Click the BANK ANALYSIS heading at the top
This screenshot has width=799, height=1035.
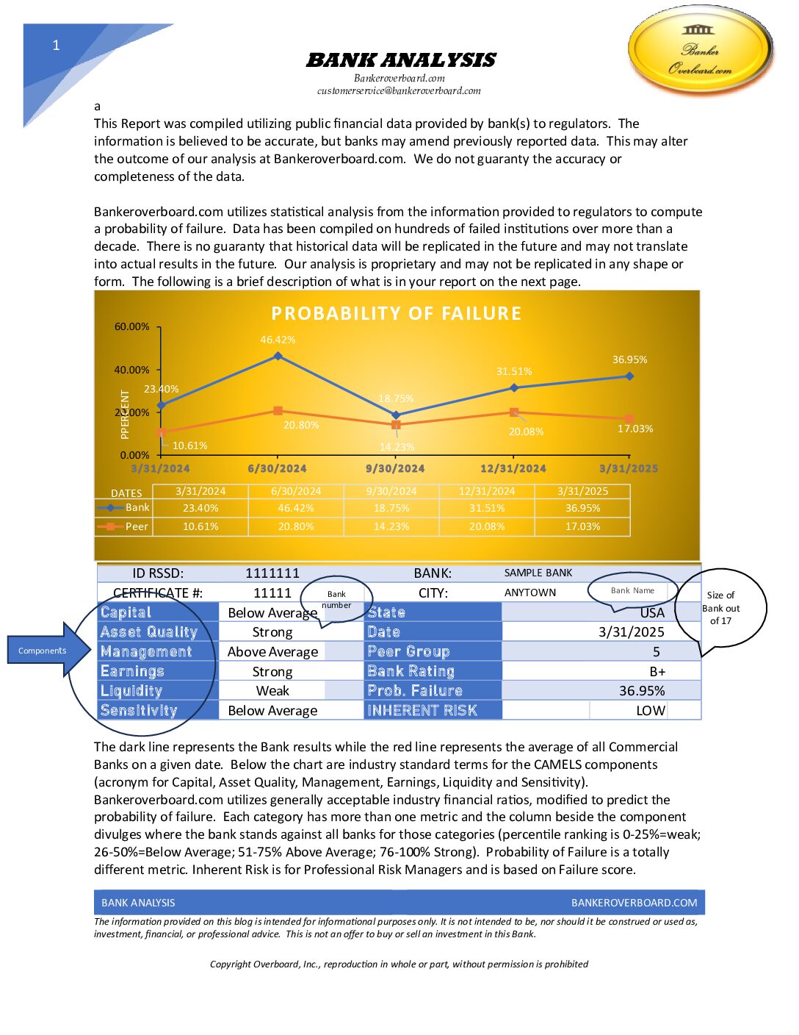[400, 60]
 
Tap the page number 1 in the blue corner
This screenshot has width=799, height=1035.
[56, 46]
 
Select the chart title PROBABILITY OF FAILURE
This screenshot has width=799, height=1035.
[396, 314]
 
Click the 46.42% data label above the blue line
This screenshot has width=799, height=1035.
[278, 340]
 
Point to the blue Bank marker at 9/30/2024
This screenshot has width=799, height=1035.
[396, 415]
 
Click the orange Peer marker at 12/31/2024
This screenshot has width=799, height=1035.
[514, 412]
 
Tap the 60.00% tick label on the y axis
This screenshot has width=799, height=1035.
[132, 326]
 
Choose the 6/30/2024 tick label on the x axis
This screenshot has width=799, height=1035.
[277, 468]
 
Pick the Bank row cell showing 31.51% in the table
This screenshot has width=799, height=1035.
[487, 508]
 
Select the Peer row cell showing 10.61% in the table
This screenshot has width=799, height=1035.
[200, 526]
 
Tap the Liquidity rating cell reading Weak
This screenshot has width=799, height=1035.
[272, 690]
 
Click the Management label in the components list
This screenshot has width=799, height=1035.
[146, 651]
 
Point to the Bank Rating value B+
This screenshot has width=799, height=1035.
[657, 671]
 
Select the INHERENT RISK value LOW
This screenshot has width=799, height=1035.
[651, 710]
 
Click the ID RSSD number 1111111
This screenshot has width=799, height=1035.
[272, 573]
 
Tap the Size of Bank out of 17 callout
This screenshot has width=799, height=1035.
[720, 608]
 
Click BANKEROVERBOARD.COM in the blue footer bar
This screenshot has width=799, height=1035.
[634, 903]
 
